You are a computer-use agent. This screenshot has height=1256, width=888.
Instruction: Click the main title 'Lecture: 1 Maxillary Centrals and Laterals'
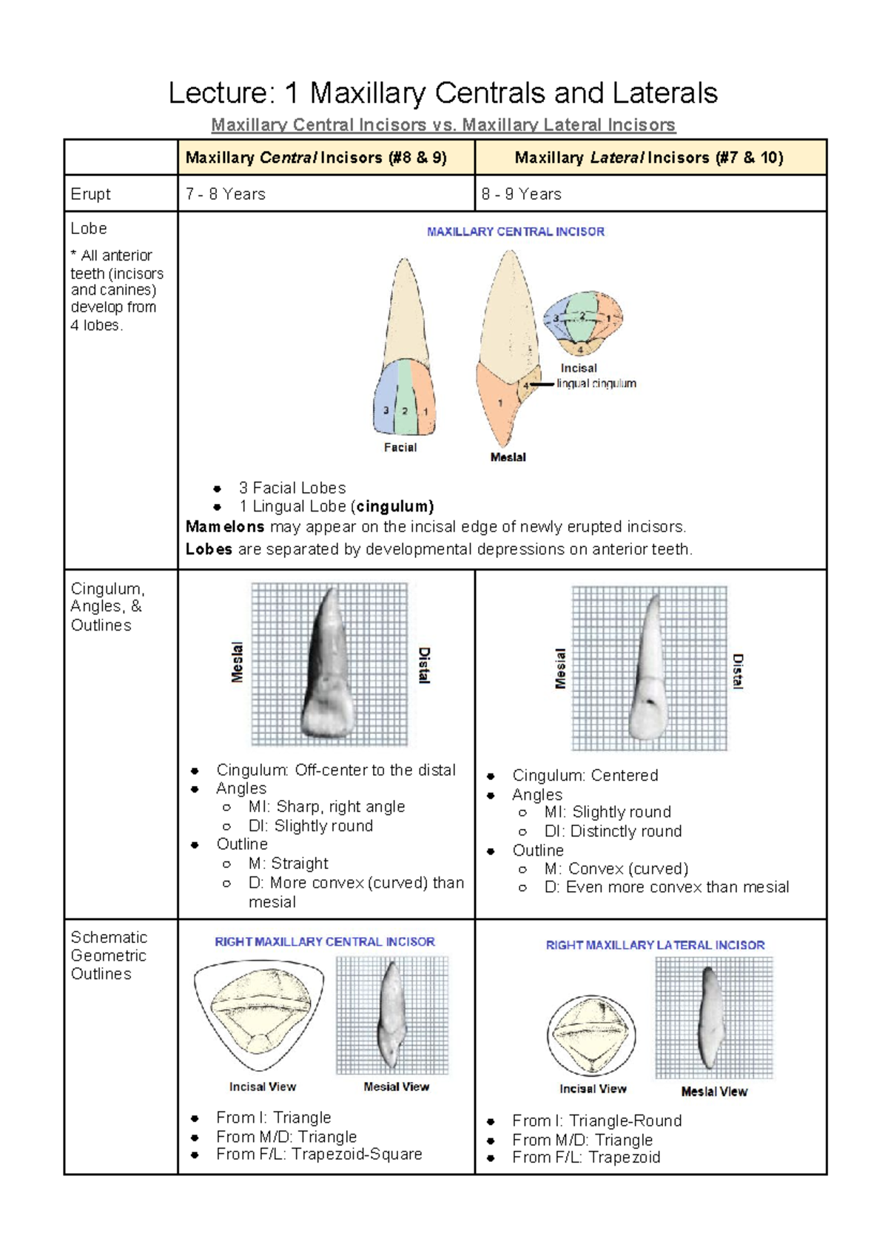443,93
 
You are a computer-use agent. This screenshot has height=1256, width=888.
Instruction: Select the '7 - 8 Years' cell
226,194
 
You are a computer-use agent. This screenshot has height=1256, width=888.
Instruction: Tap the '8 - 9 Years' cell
521,194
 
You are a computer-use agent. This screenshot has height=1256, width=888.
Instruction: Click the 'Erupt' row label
90,194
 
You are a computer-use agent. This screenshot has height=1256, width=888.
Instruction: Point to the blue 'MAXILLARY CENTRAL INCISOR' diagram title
515,232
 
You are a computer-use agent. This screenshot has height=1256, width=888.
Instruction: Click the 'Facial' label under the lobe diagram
400,447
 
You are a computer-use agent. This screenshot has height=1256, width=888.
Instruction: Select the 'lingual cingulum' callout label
596,383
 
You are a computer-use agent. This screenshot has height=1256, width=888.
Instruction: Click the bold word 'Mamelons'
224,527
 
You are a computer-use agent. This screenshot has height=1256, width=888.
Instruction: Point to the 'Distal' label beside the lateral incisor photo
737,671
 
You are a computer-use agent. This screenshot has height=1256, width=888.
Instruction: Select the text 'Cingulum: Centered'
585,776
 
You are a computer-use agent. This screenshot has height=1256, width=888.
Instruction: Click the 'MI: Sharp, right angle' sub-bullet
326,807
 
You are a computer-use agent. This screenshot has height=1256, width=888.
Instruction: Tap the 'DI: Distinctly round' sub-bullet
613,831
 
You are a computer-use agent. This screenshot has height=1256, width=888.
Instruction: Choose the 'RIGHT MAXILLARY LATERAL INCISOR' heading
655,945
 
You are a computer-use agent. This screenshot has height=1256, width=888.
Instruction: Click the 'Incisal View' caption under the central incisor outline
262,1087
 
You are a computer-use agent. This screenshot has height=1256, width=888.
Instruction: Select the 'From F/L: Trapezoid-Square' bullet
319,1155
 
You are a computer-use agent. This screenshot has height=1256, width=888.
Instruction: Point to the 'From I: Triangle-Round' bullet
596,1121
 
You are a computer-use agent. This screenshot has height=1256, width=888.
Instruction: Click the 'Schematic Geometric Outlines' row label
108,956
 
